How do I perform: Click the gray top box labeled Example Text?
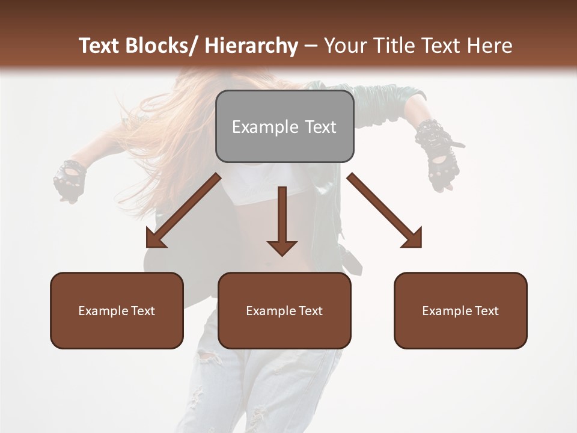[284, 126]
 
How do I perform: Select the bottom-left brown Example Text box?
[117, 310]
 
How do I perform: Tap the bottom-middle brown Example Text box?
[284, 310]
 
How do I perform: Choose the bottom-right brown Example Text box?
[460, 310]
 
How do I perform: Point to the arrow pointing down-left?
[183, 210]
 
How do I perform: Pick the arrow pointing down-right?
[385, 210]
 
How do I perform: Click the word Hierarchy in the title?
[251, 46]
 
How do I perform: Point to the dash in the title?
[311, 46]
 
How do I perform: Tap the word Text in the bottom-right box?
[486, 311]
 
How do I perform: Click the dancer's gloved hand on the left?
[69, 180]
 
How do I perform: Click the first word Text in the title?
[100, 46]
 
